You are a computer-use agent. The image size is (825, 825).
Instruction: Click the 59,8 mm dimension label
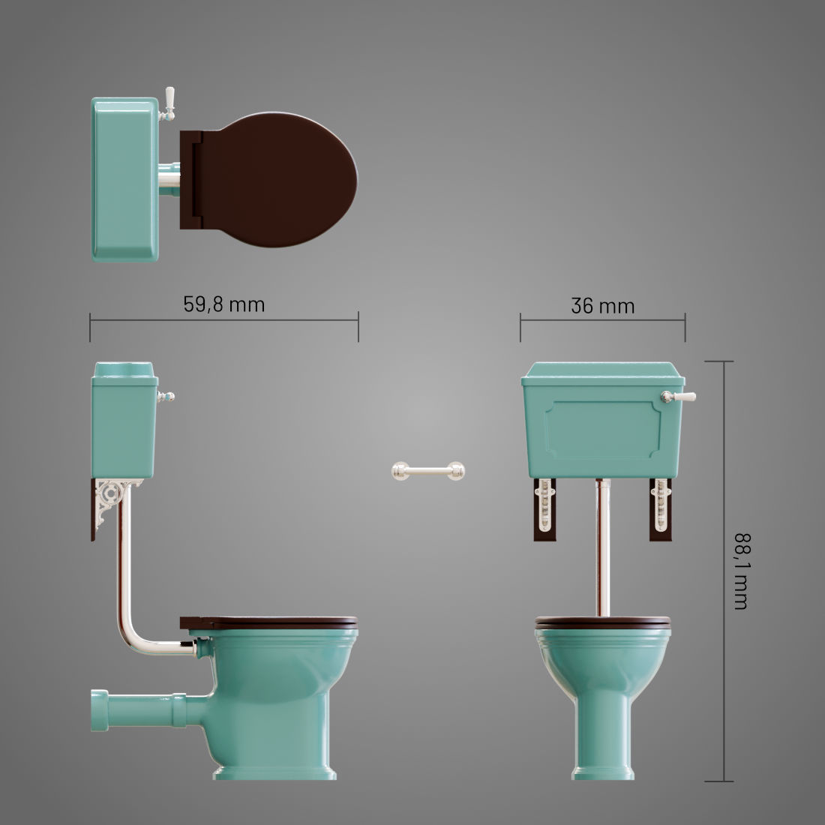pos(223,304)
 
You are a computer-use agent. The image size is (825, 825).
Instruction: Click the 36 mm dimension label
pos(602,306)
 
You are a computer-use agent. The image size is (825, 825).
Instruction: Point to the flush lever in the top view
pos(169,101)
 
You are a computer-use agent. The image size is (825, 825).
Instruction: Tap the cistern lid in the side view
pos(124,370)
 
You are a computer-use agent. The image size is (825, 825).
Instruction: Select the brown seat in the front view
pos(603,622)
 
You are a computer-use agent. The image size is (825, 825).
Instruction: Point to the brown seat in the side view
pos(270,622)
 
